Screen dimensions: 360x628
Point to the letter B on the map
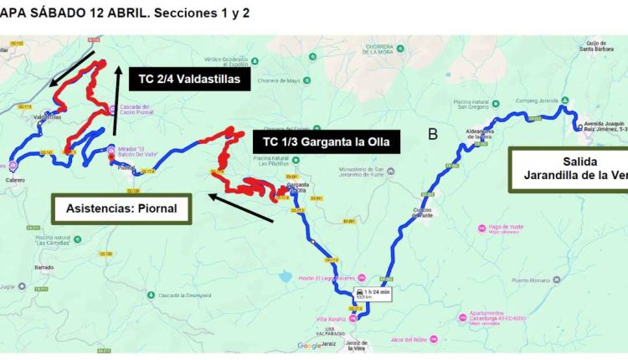[433, 135]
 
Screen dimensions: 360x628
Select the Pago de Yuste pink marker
[481, 227]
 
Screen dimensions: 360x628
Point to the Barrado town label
[44, 268]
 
